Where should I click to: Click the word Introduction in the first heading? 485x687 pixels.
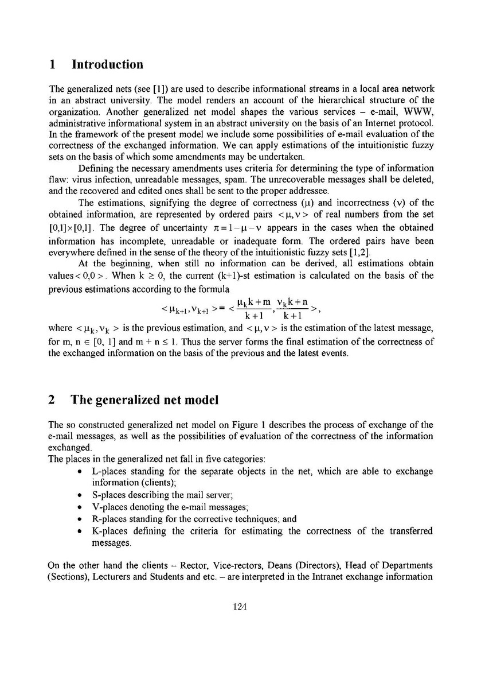(107, 64)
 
